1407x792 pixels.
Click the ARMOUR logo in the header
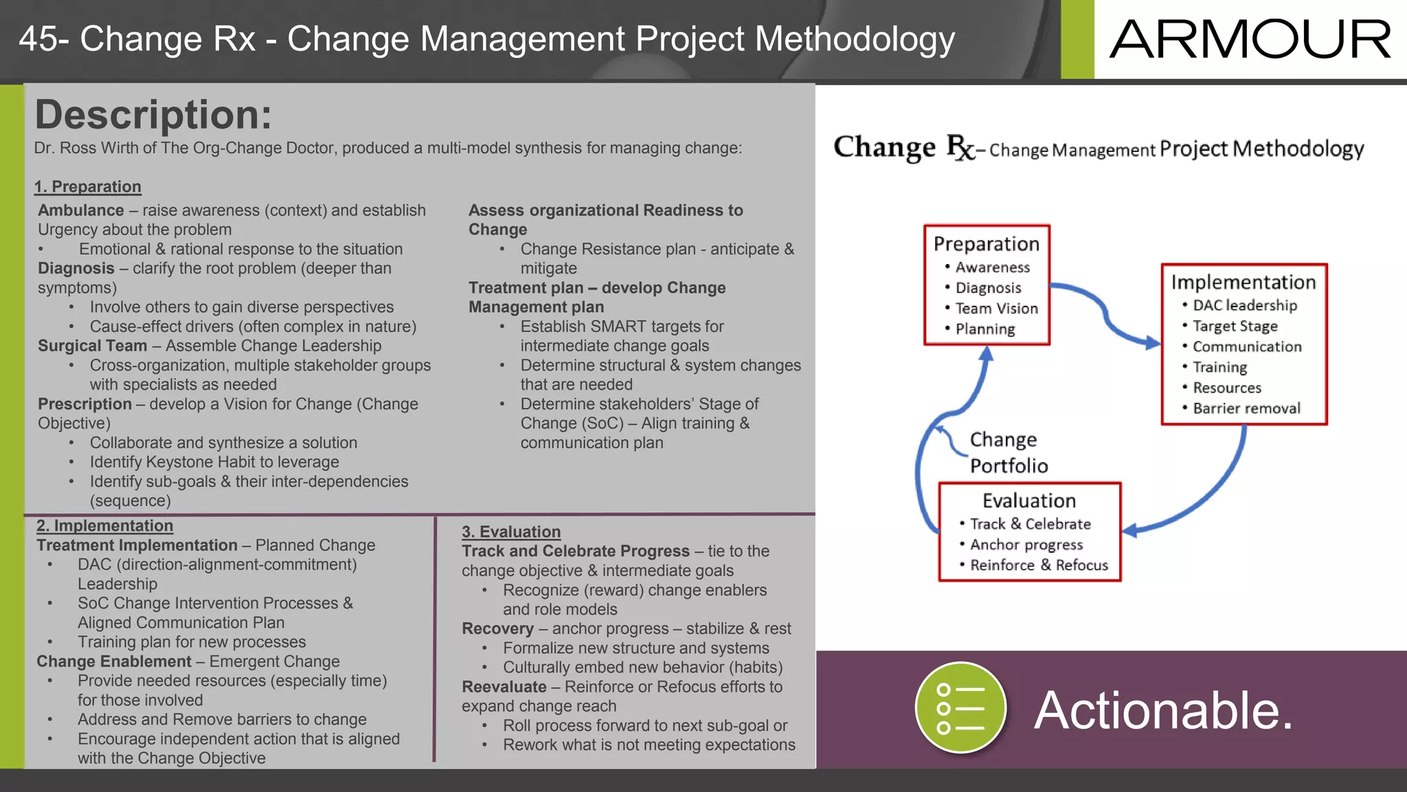click(x=1250, y=39)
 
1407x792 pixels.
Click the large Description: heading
click(x=153, y=115)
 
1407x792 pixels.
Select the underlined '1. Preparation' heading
click(x=88, y=187)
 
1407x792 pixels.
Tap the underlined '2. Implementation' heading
click(x=104, y=526)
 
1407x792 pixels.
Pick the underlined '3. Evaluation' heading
click(x=511, y=532)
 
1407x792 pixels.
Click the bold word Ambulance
click(x=81, y=210)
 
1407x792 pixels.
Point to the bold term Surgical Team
click(x=93, y=346)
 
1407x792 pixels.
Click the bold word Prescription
click(x=85, y=404)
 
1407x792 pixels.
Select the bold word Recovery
click(x=497, y=628)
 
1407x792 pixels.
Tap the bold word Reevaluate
click(x=504, y=687)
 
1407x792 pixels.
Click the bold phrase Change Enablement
click(x=114, y=661)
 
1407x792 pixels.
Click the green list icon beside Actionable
click(x=960, y=708)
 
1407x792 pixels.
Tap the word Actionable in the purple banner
click(x=1163, y=710)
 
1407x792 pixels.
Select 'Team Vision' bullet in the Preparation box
click(x=996, y=309)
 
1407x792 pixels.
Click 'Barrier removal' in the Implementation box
click(x=1246, y=408)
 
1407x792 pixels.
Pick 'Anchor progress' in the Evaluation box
click(x=1026, y=545)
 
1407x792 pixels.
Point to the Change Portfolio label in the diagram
click(x=1008, y=452)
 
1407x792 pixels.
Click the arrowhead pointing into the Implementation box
click(x=1153, y=342)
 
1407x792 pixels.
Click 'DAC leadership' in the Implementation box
click(x=1245, y=305)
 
